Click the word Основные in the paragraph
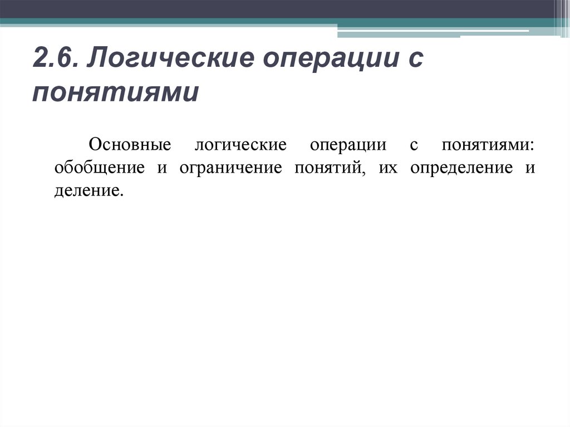click(129, 145)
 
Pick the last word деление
click(87, 192)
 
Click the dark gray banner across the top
click(278, 9)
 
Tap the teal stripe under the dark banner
click(167, 22)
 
